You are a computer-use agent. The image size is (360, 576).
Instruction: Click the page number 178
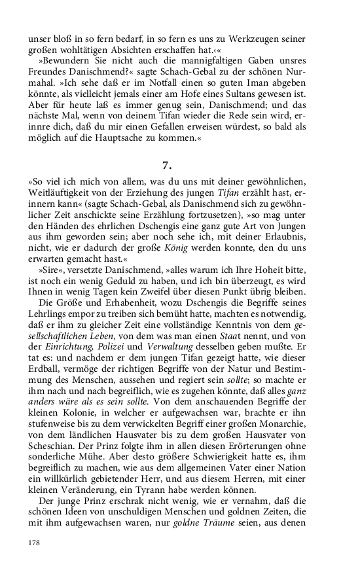35,543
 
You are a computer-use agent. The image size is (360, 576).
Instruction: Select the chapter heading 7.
167,165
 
